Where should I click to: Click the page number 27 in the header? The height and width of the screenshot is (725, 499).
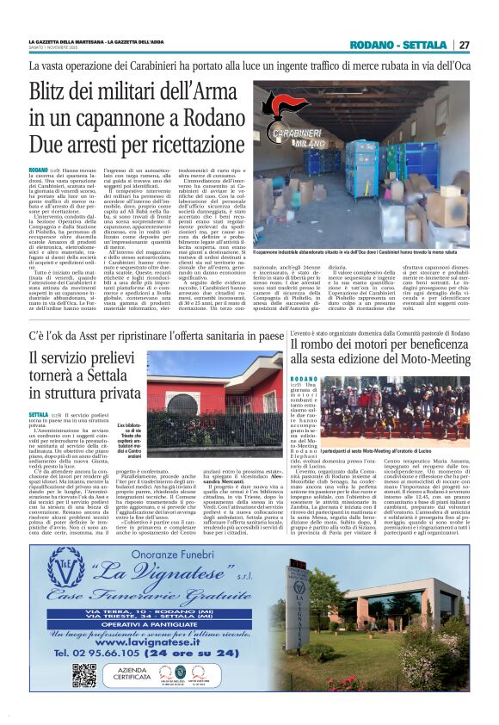pos(464,45)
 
